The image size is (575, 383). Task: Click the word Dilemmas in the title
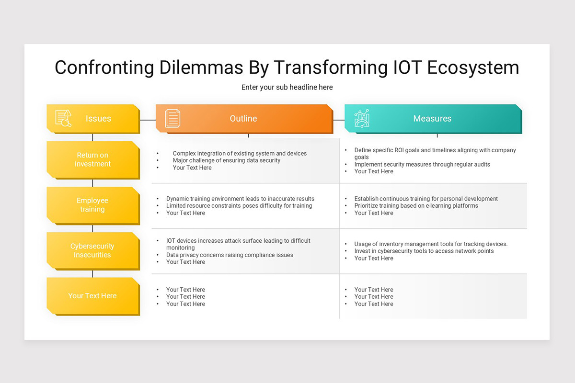coord(201,68)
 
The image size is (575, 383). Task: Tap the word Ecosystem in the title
coord(473,68)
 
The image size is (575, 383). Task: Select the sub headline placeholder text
coord(287,87)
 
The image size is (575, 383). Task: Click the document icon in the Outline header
coord(172,118)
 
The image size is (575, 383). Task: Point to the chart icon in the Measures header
coord(362,118)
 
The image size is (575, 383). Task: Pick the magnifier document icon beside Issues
coord(63,118)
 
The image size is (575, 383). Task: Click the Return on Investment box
coord(93,160)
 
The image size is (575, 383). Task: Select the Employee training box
coord(93,205)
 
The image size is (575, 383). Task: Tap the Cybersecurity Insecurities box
coord(93,251)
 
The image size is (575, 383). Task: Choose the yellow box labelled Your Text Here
coord(93,296)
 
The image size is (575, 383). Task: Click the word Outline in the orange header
coord(243,119)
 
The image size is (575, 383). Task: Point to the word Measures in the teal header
coord(432,119)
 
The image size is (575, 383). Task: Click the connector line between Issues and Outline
coord(148,120)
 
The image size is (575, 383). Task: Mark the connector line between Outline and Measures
coord(339,120)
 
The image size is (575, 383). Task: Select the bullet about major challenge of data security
coord(226,160)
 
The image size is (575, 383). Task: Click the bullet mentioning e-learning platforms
coord(416,206)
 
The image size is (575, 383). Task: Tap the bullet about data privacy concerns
coord(230,255)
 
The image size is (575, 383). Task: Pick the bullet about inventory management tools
coord(431,244)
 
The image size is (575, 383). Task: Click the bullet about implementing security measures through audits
coord(422,164)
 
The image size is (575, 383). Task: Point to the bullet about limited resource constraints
coord(239,206)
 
